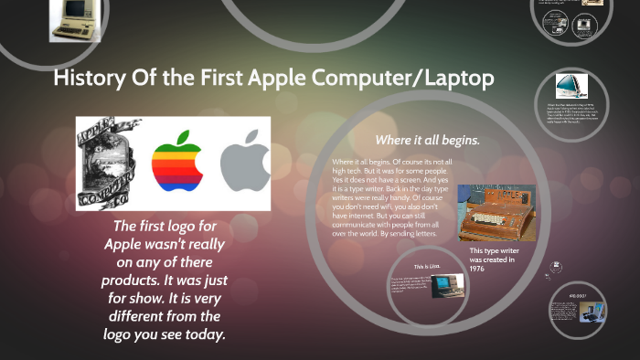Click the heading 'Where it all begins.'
click(x=427, y=140)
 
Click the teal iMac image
click(x=572, y=86)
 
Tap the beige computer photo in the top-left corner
click(x=74, y=20)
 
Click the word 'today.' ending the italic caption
click(x=203, y=334)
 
